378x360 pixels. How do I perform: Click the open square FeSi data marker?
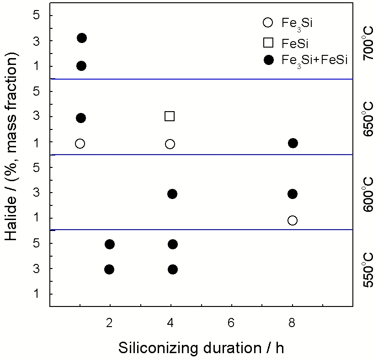click(170, 116)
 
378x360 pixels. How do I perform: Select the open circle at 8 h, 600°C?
click(293, 220)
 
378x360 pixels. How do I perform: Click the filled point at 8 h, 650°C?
click(293, 143)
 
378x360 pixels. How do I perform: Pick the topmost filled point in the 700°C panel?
click(82, 38)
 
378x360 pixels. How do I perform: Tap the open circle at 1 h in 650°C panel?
click(80, 144)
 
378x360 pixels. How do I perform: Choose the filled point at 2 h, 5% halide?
click(109, 244)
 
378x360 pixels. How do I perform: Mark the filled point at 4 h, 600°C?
click(172, 194)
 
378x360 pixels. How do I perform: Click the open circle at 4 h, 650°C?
click(170, 144)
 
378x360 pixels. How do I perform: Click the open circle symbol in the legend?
click(268, 22)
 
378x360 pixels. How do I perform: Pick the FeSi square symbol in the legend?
click(268, 43)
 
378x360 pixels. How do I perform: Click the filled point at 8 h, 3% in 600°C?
click(293, 194)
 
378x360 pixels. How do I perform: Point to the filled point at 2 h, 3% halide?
click(109, 269)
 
